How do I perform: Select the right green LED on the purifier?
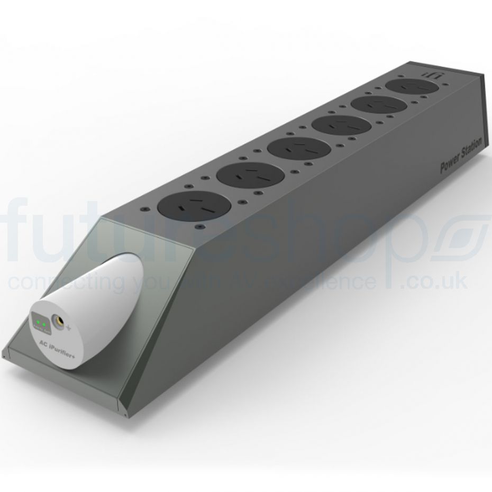coord(45,323)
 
